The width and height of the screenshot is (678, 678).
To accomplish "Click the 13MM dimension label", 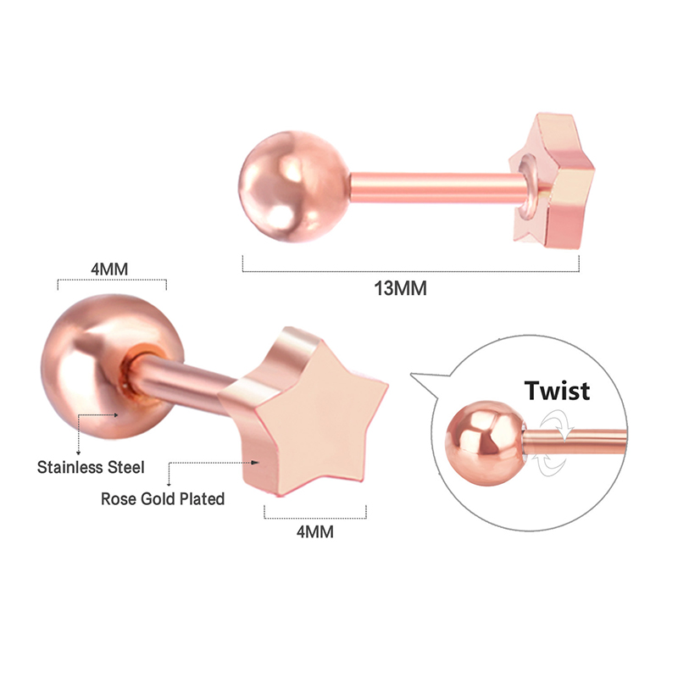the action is pyautogui.click(x=400, y=288).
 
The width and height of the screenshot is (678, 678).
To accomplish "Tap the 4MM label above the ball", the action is pyautogui.click(x=109, y=270).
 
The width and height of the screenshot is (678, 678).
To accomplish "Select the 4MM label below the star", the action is pyautogui.click(x=314, y=532).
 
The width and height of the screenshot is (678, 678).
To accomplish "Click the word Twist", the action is pyautogui.click(x=557, y=391).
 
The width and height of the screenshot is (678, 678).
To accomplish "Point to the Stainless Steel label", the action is pyautogui.click(x=91, y=467).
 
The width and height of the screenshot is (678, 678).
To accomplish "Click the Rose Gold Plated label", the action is pyautogui.click(x=163, y=498).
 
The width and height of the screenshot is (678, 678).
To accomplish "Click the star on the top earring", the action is pyautogui.click(x=553, y=181).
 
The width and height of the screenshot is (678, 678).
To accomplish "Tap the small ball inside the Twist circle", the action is pyautogui.click(x=486, y=443).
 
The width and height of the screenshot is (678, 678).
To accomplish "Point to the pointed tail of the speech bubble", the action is pyautogui.click(x=411, y=375).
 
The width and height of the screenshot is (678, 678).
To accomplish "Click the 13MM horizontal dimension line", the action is pyautogui.click(x=411, y=271).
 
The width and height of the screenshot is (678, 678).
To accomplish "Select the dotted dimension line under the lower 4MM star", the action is pyautogui.click(x=315, y=518).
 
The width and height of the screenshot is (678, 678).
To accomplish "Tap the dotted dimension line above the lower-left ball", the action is pyautogui.click(x=112, y=281).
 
